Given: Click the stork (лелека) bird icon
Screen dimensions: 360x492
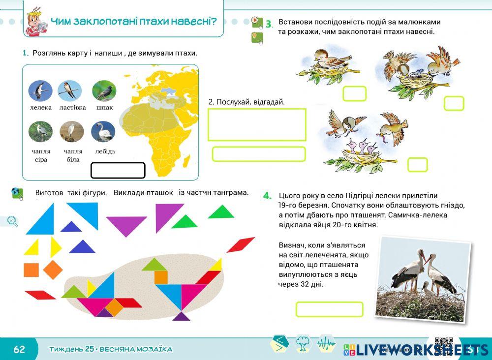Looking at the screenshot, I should click(x=40, y=91).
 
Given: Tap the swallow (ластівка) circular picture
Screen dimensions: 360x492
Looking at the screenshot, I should click(x=69, y=90).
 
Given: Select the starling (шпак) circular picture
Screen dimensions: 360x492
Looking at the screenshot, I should click(x=104, y=91).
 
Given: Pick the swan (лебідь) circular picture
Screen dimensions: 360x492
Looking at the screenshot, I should click(x=103, y=132).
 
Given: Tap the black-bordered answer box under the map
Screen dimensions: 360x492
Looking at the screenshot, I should click(x=118, y=170).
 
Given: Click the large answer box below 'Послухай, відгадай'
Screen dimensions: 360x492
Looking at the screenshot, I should click(x=257, y=124).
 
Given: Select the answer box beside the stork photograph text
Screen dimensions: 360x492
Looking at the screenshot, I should click(x=329, y=309).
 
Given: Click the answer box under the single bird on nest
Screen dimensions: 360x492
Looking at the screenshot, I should click(x=354, y=93).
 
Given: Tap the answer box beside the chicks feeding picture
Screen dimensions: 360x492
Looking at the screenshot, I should click(x=417, y=165).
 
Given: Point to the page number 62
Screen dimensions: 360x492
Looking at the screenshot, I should click(x=19, y=350).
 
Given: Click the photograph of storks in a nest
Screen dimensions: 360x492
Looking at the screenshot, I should click(x=423, y=279).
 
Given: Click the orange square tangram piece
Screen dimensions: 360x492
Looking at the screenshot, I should click(x=31, y=270).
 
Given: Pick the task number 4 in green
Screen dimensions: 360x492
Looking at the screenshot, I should click(x=267, y=196).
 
